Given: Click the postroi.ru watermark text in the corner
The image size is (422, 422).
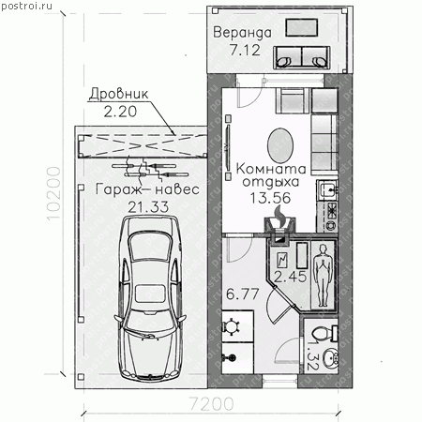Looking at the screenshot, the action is (26, 6).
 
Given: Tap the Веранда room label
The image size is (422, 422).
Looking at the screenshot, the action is (242, 33).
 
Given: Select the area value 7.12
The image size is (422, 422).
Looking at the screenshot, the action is (245, 50).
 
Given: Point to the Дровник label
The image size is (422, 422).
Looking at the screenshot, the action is (119, 94).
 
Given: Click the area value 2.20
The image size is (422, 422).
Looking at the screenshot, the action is (120, 112).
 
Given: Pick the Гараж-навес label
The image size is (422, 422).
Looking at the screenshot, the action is (147, 189).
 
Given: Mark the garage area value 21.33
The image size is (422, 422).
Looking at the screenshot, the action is (148, 206).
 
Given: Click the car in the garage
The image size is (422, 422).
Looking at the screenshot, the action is (150, 297).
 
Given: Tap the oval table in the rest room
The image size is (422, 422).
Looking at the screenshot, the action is (280, 145).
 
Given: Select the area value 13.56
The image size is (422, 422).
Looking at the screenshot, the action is (271, 198).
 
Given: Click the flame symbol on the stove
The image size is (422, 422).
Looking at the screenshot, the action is (279, 215).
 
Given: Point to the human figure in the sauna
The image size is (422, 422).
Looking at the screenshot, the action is (323, 275).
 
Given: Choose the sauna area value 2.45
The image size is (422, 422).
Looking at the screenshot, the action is (291, 277).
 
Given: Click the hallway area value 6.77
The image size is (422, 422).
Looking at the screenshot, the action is (243, 294).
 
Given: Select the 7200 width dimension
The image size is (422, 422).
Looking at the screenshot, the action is (212, 404).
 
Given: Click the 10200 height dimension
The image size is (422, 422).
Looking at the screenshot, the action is (53, 193).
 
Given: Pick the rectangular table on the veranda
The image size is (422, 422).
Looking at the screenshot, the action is (301, 27).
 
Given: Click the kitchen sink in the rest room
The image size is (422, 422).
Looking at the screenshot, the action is (327, 189).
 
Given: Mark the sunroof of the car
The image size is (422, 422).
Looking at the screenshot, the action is (151, 294).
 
